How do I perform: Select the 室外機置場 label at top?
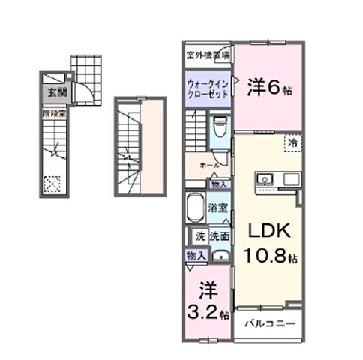(x=208, y=54)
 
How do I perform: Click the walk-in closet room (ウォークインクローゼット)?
(x=208, y=87)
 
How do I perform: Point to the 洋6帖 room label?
(x=269, y=87)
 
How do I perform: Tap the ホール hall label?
(x=210, y=164)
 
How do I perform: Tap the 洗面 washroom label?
(x=219, y=235)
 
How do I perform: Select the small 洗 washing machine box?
(x=199, y=235)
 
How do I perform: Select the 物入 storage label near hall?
(x=218, y=184)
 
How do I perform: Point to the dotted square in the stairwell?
(x=52, y=181)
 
